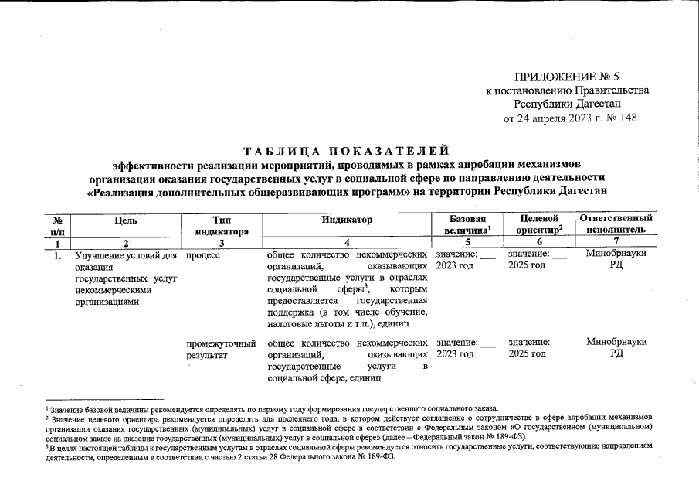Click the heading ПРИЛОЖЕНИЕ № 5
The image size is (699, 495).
[567, 76]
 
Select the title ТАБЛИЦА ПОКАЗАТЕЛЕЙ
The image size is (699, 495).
[346, 149]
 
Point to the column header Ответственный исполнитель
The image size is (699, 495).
[616, 225]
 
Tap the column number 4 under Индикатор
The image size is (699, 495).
[347, 243]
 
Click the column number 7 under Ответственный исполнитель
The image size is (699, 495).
[616, 243]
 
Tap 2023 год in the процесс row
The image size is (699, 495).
[455, 265]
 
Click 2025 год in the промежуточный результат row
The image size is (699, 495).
[527, 353]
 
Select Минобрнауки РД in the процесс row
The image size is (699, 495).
[616, 259]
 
